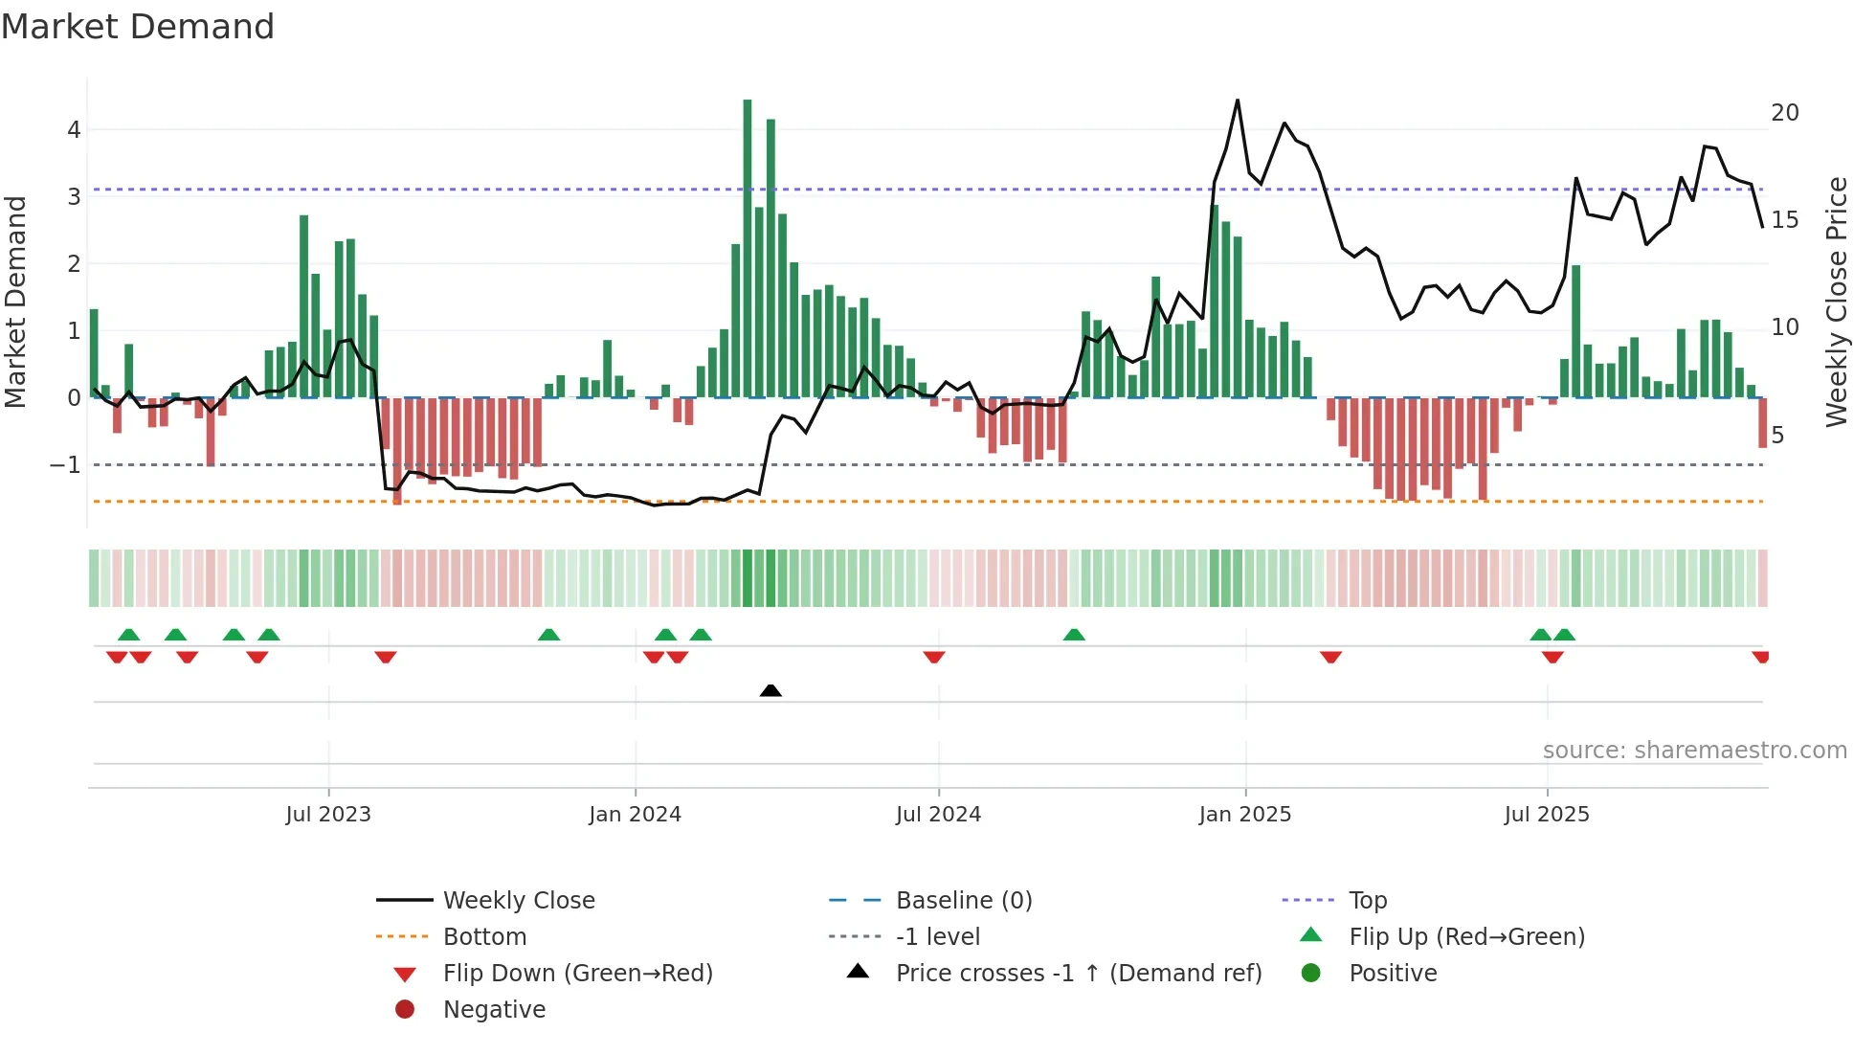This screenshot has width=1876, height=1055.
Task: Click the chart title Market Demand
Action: click(138, 27)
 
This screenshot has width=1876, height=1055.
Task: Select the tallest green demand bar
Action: click(748, 249)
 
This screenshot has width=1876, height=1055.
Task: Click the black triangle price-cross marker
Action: click(770, 690)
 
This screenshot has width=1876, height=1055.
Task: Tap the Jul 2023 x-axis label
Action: click(328, 815)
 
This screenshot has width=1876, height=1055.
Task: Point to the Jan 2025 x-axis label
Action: click(1244, 815)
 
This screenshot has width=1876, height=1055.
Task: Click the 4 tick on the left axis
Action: click(74, 130)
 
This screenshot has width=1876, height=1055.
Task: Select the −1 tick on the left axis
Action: click(66, 465)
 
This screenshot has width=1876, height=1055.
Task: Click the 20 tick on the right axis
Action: click(1784, 113)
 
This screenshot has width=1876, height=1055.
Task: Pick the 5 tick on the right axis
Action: click(1777, 436)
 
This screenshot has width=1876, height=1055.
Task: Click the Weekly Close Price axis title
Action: click(1836, 302)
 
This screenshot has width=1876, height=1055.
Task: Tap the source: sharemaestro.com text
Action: click(1694, 751)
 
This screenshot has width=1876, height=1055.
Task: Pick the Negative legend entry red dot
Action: click(405, 1010)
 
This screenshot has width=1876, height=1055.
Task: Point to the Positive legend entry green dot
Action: click(1311, 974)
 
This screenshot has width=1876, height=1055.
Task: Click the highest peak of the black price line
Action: click(1238, 101)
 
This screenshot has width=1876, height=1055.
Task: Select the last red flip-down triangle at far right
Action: click(1760, 657)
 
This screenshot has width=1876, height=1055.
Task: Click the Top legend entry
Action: click(1367, 901)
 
